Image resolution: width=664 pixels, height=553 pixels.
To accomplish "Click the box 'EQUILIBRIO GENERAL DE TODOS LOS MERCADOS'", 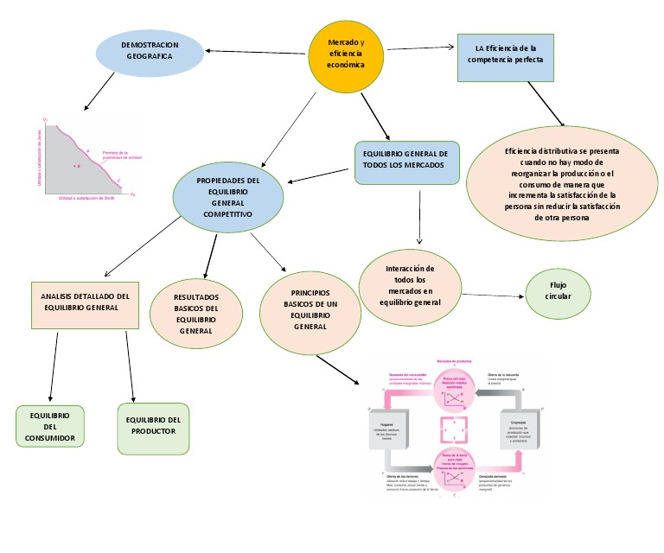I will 406,159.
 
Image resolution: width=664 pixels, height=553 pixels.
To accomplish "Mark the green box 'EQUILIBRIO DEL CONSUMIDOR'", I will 51,427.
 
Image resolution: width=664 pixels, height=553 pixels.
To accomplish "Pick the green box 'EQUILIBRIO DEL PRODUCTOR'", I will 153,426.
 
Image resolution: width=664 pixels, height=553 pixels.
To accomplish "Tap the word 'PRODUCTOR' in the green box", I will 153,431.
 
